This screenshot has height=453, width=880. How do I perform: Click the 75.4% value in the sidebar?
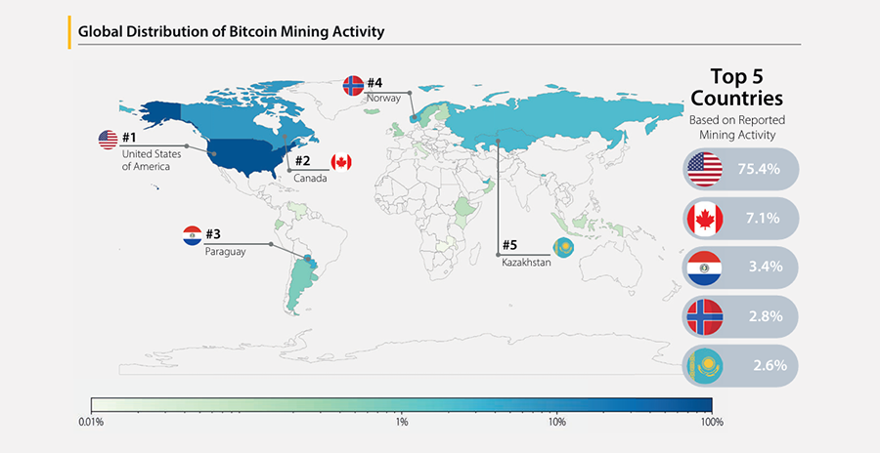tap(759, 169)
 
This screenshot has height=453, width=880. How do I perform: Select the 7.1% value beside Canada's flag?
tap(763, 218)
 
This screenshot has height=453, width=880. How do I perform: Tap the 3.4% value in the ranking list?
tap(766, 267)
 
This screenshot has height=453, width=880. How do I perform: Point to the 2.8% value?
tap(766, 316)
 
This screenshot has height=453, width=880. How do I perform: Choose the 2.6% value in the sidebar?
tap(770, 365)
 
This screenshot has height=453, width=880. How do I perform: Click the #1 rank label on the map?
tap(129, 138)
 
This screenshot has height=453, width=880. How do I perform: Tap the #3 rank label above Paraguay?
tap(213, 233)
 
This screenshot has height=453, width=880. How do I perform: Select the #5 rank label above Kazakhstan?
tap(509, 245)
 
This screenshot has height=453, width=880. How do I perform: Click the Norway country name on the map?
tap(384, 98)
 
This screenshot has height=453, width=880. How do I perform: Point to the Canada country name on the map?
tap(310, 179)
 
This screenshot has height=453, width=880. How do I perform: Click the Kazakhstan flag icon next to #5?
tap(563, 246)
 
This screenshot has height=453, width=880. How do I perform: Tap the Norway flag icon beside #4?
tap(353, 86)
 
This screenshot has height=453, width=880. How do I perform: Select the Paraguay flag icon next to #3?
tap(193, 235)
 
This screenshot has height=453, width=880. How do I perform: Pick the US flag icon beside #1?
tap(109, 140)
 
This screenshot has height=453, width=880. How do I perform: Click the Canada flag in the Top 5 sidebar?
tap(705, 219)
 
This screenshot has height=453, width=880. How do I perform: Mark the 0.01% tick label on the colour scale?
tap(91, 422)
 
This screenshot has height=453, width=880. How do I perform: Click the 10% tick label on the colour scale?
tap(556, 422)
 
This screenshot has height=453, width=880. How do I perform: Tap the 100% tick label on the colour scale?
tap(712, 422)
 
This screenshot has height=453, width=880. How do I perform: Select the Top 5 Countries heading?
tap(736, 87)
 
